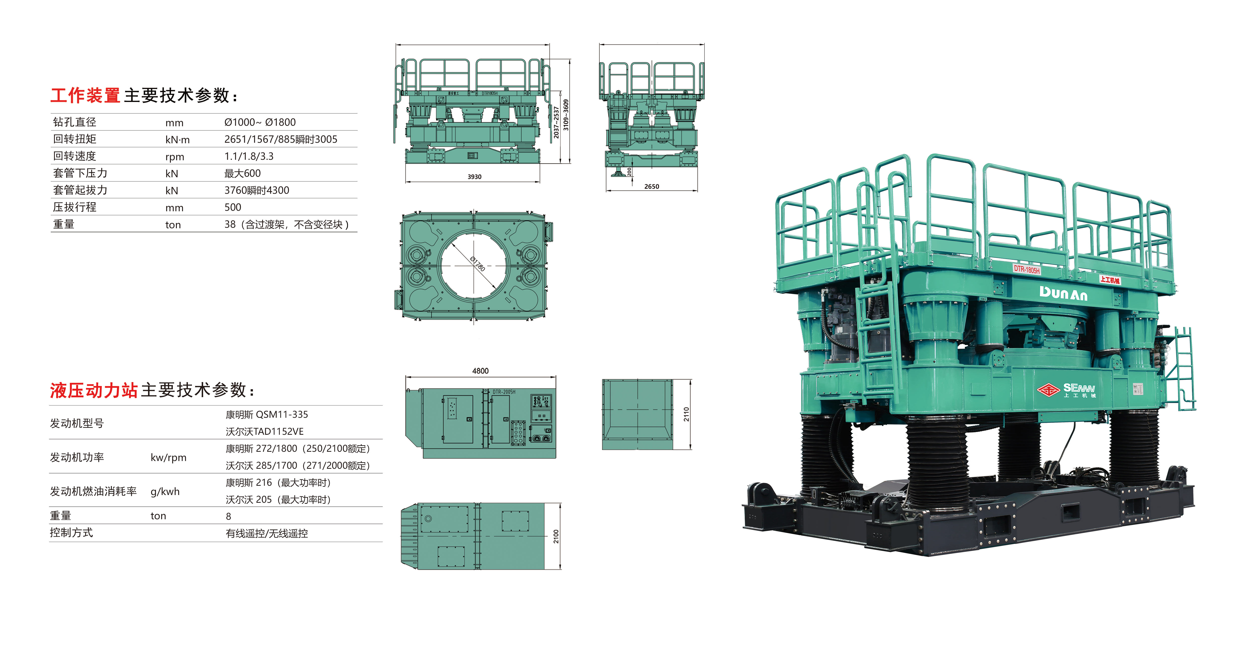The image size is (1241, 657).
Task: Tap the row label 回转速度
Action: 75,156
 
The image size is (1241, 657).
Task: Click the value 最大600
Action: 242,173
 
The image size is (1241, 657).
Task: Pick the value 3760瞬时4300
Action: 257,190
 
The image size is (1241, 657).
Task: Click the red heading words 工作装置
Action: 85,95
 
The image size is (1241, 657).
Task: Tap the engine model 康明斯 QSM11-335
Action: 267,414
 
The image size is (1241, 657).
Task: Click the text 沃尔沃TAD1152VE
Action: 264,431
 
